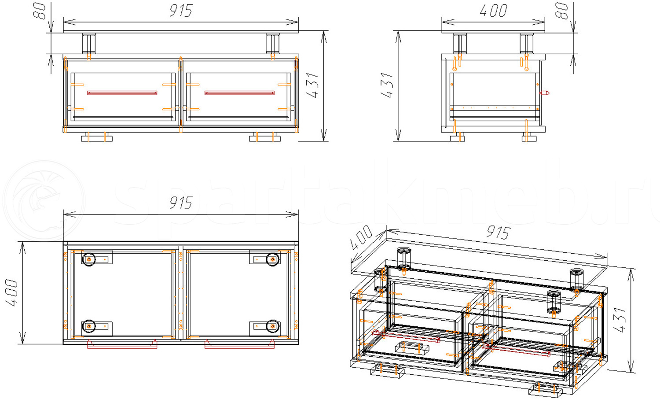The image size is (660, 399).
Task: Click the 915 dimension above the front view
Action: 181,11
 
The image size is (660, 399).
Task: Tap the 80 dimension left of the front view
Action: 40,10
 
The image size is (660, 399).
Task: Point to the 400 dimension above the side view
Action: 493,11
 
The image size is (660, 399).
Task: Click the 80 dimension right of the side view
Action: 561,10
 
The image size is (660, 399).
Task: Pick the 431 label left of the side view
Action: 387,85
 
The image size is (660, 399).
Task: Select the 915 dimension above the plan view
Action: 181,203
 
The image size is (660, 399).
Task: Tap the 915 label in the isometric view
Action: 498,232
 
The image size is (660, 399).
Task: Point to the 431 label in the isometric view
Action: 619,320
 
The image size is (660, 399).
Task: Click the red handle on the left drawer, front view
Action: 122,93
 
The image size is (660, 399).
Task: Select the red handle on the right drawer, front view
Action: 239,93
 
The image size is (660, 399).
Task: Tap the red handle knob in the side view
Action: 545,93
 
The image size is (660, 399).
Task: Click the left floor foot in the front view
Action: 97,138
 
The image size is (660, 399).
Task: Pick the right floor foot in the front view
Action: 265,138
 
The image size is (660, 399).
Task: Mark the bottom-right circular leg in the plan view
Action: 273,326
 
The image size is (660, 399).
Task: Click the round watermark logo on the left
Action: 44,200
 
